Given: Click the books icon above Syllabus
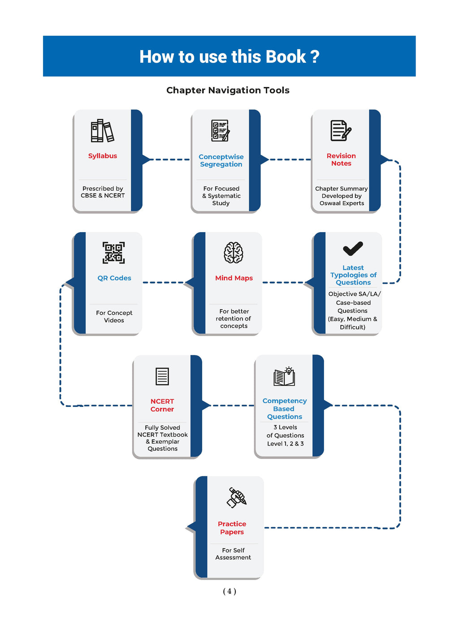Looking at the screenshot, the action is click(x=102, y=130).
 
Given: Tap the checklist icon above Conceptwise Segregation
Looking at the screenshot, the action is click(x=221, y=130).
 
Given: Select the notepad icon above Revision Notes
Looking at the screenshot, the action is click(x=341, y=130).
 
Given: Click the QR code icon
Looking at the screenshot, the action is click(x=113, y=253).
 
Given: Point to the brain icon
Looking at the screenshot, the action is click(x=233, y=252).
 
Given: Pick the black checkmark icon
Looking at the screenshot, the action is click(x=353, y=248).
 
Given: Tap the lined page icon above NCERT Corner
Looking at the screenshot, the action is click(x=162, y=376).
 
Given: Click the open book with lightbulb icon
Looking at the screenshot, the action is click(x=284, y=376).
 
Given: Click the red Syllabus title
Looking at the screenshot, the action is click(x=103, y=156).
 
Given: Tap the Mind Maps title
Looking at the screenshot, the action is click(x=234, y=278).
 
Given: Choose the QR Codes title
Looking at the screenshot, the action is click(x=114, y=278).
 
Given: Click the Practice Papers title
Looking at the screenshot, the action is click(x=232, y=527).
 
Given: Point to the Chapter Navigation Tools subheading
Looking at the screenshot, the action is click(x=228, y=90).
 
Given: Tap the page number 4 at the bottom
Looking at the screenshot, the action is click(x=229, y=591).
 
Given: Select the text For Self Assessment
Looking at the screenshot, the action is click(x=233, y=553).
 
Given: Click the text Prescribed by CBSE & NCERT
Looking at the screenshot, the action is click(x=103, y=192).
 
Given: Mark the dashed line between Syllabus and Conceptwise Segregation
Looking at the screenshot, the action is click(x=169, y=160).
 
